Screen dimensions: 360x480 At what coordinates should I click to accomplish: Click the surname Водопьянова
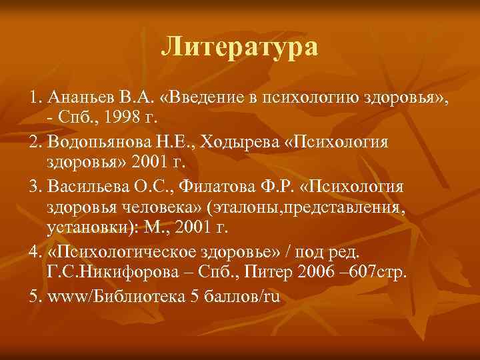click(96, 143)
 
